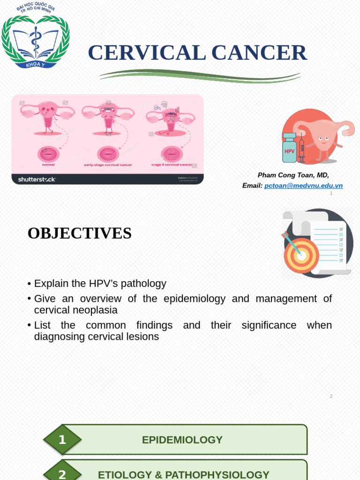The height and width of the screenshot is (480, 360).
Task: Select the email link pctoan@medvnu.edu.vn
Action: pos(303,186)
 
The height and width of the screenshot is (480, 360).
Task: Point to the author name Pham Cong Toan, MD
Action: pos(293,175)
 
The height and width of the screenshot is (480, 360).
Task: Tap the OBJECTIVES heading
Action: pos(80,233)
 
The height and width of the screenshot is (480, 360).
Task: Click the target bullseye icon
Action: pos(301,255)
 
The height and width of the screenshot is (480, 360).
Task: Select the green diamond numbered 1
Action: pos(62,440)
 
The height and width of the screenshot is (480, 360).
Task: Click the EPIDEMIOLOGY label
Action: pos(182,440)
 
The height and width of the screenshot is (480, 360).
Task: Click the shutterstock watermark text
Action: pos(37,179)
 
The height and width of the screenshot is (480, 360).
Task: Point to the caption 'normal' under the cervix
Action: pos(48,165)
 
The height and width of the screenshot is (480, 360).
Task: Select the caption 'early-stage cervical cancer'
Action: pos(108,165)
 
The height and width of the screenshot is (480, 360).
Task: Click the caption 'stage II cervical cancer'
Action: pos(172,165)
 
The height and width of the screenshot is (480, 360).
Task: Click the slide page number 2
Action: pos(331,396)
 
